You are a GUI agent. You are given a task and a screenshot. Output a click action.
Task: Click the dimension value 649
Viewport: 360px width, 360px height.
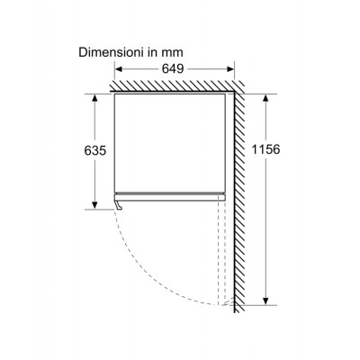(x=173, y=69)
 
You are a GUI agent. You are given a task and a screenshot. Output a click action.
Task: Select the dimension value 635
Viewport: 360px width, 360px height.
(x=95, y=150)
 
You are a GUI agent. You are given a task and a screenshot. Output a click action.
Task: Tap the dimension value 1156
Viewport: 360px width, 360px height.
(x=265, y=149)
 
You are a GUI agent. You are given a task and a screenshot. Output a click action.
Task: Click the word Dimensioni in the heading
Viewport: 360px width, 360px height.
(x=111, y=52)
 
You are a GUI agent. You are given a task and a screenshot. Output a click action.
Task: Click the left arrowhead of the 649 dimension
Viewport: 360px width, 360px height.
(x=119, y=69)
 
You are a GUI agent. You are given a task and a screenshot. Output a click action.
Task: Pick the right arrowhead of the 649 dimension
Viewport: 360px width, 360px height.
(x=230, y=69)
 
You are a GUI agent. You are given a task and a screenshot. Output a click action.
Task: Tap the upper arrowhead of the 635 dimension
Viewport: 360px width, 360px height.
(x=94, y=98)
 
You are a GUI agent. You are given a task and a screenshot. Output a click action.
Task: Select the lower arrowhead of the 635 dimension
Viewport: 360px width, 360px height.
(x=94, y=205)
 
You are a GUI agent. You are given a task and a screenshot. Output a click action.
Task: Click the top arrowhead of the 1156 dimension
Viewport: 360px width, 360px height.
(x=265, y=98)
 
